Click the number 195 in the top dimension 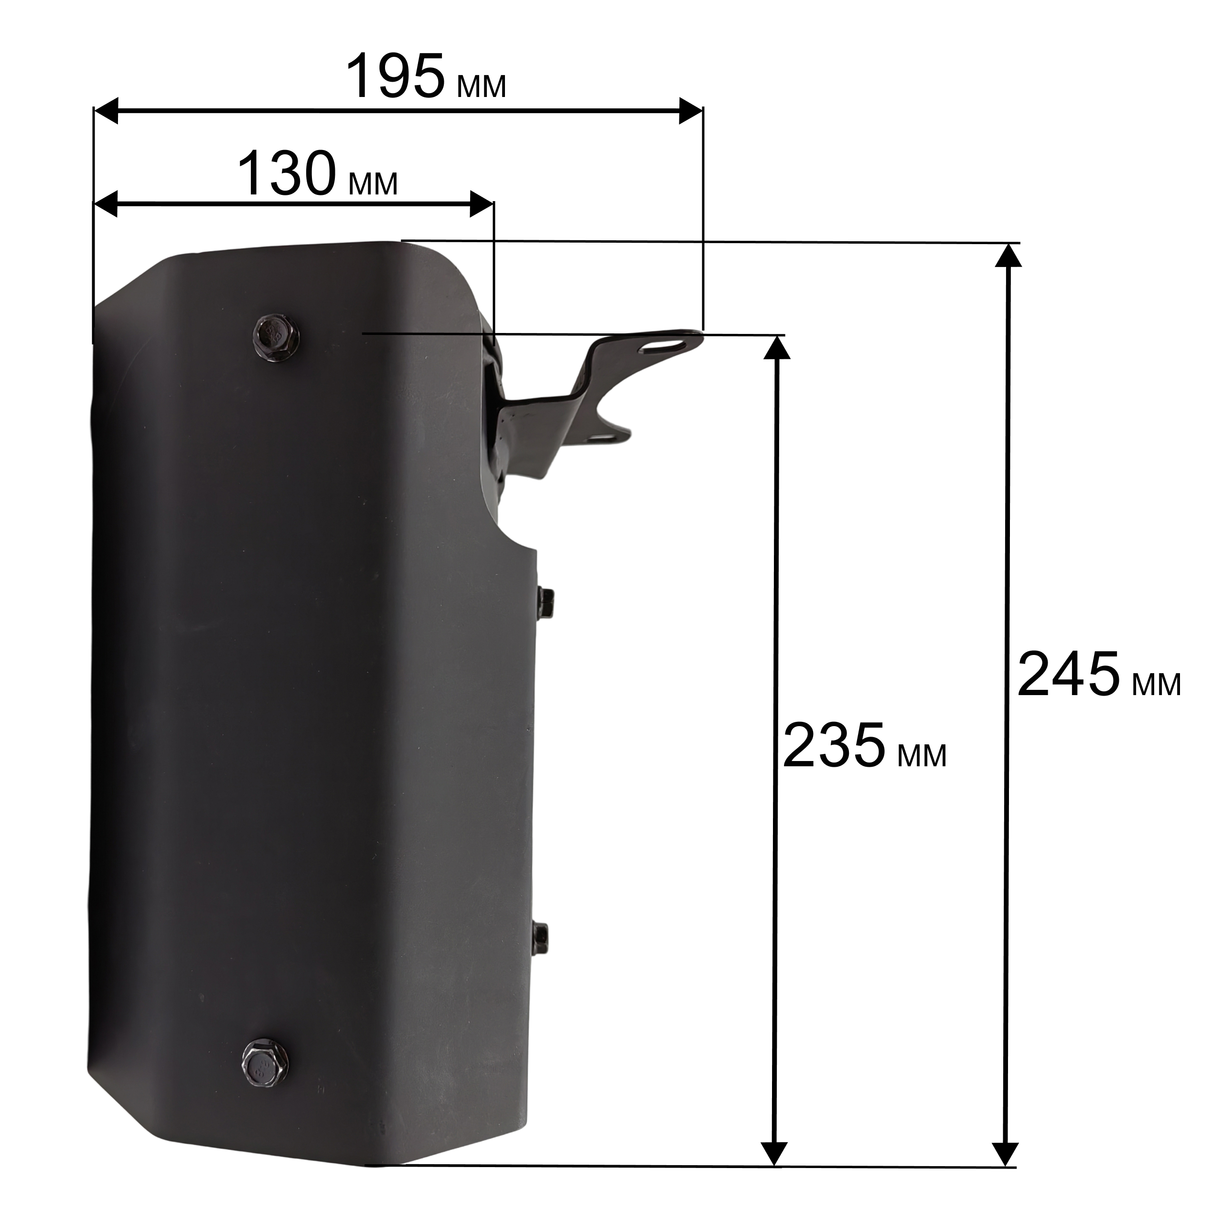coord(396,76)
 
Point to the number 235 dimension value coord(834,745)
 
